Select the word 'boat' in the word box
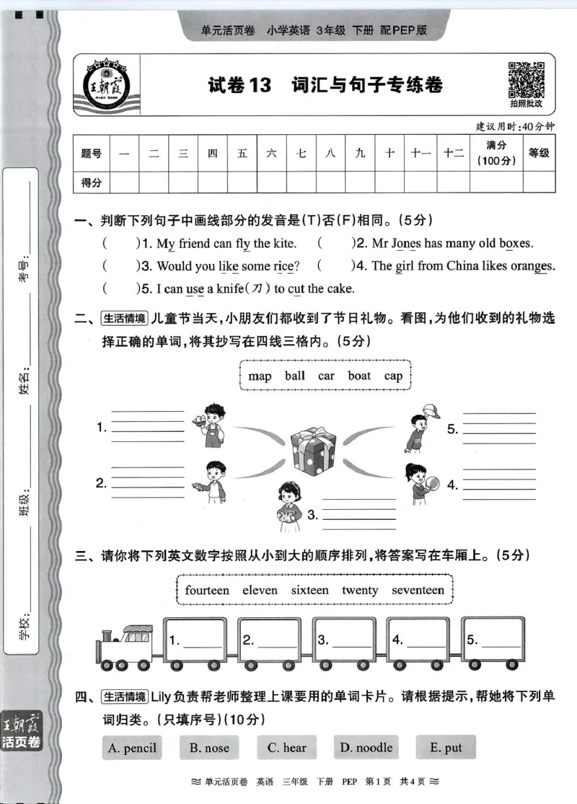click(x=359, y=376)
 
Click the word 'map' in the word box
click(x=260, y=376)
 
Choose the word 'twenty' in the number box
click(x=360, y=590)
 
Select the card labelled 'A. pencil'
click(x=131, y=748)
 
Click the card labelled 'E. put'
click(x=446, y=748)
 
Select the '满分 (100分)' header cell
click(x=496, y=154)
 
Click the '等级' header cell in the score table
click(x=539, y=154)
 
